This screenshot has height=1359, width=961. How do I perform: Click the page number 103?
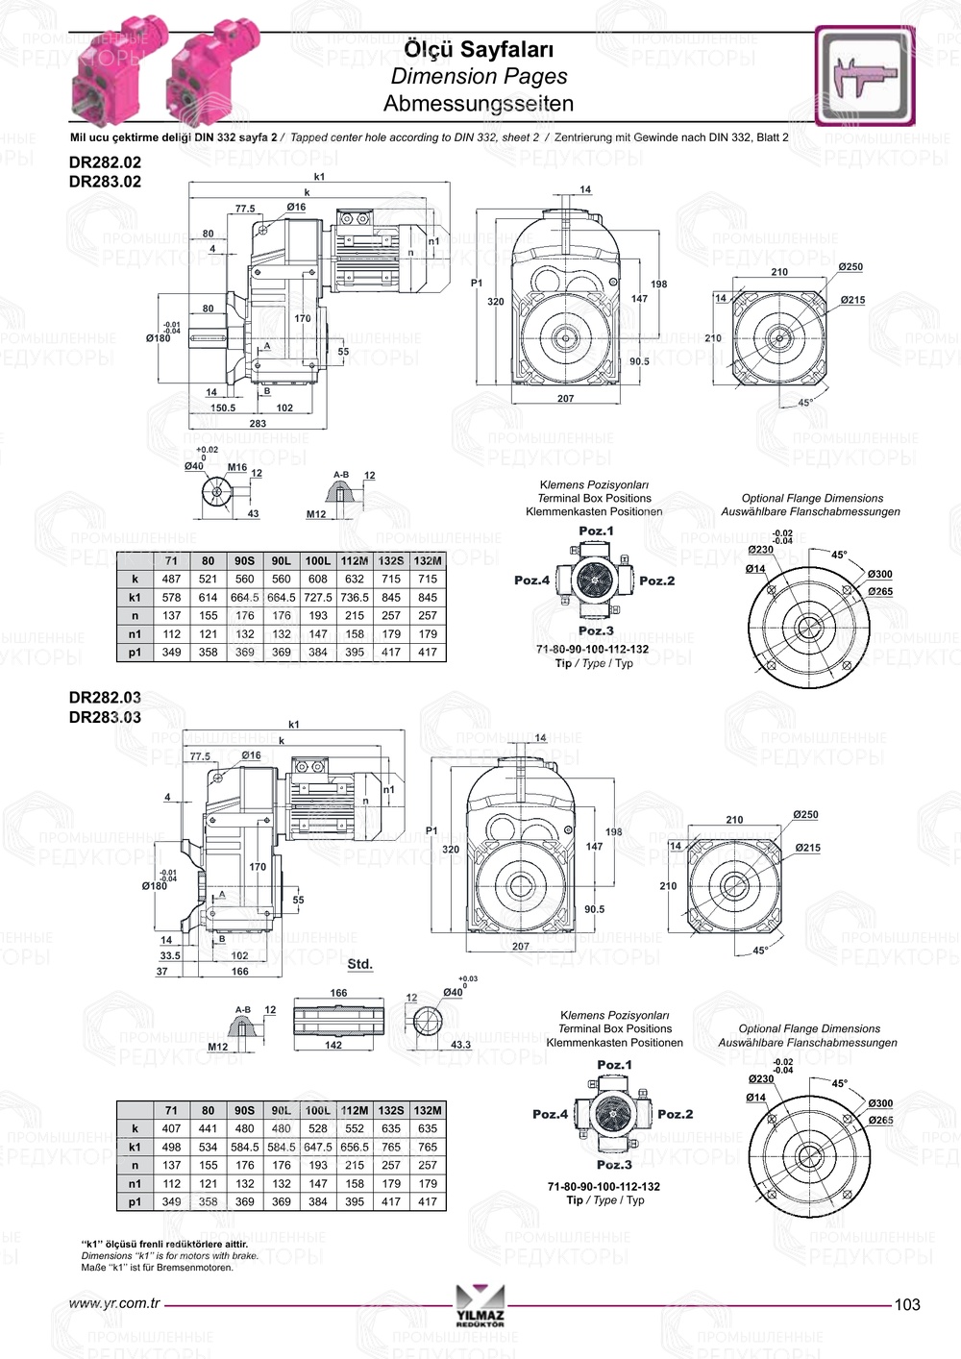tap(906, 1304)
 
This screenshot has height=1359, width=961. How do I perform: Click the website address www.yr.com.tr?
tap(114, 1304)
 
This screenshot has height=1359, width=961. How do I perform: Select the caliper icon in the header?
tap(864, 76)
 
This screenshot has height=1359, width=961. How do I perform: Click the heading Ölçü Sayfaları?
tap(479, 49)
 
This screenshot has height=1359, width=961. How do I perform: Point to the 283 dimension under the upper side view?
tap(258, 423)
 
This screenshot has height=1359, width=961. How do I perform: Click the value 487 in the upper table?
tap(171, 580)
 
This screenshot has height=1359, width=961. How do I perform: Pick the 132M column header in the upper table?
tap(428, 561)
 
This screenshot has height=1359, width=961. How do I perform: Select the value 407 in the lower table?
tap(171, 1129)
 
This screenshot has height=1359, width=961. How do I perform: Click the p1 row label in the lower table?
tap(135, 1201)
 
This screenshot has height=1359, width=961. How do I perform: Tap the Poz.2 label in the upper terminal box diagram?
tap(657, 581)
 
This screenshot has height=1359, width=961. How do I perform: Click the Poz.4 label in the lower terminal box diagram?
tap(551, 1115)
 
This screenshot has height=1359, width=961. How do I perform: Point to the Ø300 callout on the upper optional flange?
tap(879, 574)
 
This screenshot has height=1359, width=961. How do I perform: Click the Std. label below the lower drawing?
tap(359, 964)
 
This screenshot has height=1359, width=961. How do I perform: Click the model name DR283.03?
tap(105, 717)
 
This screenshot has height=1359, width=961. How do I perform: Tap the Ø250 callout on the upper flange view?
tap(850, 267)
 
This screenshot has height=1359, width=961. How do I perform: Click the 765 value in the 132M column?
tap(428, 1148)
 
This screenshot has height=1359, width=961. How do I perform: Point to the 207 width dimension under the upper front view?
tap(565, 398)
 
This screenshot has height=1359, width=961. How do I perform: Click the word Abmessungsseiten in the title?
tap(479, 104)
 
